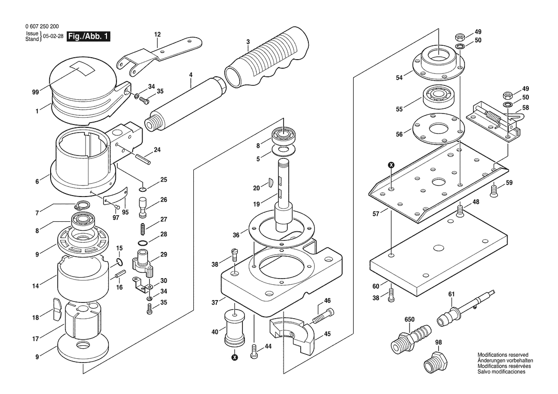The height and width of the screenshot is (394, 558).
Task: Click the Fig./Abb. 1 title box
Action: (88, 36)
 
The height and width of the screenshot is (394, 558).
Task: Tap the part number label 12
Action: (158, 34)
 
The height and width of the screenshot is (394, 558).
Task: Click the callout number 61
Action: (451, 294)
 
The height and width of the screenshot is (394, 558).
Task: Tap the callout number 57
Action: (376, 214)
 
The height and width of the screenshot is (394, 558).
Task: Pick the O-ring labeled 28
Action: (142, 243)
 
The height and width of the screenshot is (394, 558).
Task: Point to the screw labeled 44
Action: (254, 352)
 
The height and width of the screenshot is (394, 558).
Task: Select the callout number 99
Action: (35, 92)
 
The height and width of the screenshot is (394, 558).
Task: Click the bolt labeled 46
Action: (324, 315)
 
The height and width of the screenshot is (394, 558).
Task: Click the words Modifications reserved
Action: (503, 355)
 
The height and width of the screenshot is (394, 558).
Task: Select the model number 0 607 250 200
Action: (42, 26)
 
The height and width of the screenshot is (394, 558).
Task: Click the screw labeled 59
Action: (494, 191)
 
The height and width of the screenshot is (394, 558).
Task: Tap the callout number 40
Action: (215, 332)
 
